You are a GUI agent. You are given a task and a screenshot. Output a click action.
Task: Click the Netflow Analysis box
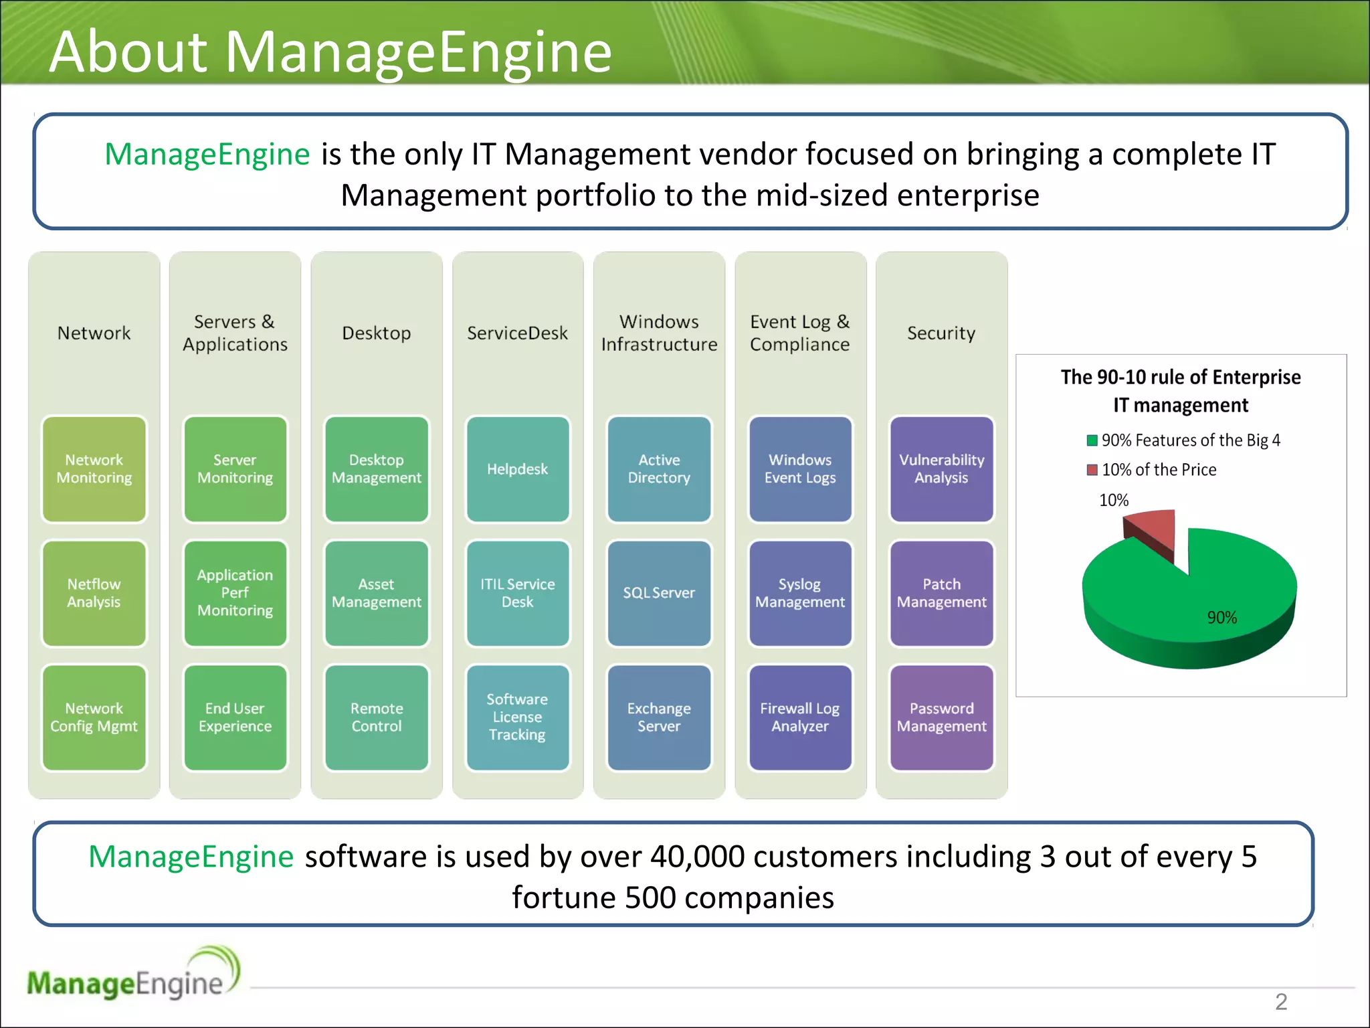pos(94,593)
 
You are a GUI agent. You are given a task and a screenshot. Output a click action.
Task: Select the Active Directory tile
pos(659,468)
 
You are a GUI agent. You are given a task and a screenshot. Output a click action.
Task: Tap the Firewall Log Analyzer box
pos(800,717)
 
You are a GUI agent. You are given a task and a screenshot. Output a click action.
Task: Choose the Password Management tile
pos(941,717)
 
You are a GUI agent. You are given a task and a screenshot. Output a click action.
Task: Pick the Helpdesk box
pos(517,468)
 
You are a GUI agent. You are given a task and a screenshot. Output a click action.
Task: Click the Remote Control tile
pos(377,717)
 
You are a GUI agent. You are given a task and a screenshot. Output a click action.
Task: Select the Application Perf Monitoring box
pos(235,593)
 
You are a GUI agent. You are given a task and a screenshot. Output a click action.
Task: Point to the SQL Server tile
pos(659,593)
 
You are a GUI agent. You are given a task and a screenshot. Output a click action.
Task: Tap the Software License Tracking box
pos(517,717)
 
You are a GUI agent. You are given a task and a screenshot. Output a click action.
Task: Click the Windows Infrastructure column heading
pos(659,333)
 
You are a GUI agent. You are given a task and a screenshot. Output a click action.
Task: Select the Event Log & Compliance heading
pos(800,333)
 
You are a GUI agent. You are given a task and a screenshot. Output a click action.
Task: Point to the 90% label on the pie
pos(1221,618)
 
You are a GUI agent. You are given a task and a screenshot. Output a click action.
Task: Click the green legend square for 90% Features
pos(1092,440)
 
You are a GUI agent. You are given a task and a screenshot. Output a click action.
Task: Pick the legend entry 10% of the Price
pos(1159,470)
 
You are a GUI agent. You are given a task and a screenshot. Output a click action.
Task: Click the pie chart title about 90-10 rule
pos(1181,391)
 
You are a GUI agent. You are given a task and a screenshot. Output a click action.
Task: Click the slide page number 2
pos(1280,1002)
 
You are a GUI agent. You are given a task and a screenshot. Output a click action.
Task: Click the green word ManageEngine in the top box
pos(207,155)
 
